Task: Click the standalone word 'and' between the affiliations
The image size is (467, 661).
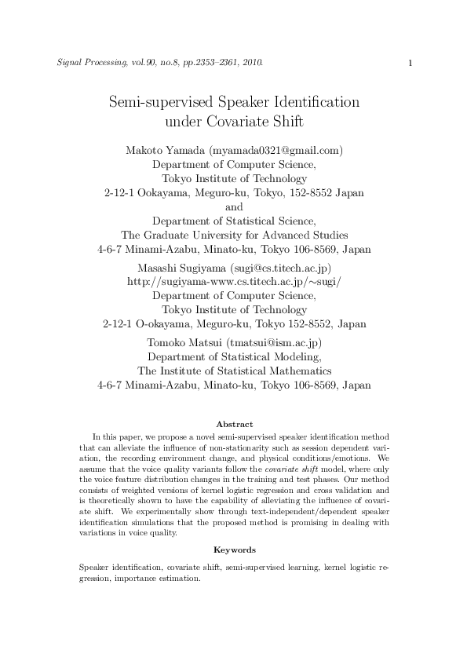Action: [x=234, y=207]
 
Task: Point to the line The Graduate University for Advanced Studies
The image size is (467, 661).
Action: [x=234, y=236]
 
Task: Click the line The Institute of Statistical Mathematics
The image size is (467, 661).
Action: [x=234, y=371]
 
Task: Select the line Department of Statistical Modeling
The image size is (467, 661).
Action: [x=234, y=357]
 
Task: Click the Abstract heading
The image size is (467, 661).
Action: [x=234, y=424]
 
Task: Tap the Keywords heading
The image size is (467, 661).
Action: [x=234, y=550]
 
